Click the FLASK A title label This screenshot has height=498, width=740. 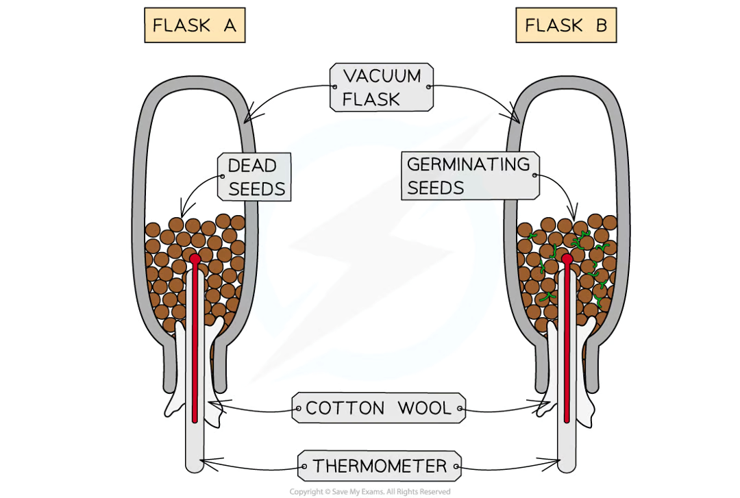tap(194, 26)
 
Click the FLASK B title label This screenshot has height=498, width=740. tap(566, 26)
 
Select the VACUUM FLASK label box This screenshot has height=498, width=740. tap(382, 87)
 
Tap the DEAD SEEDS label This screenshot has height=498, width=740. tap(254, 177)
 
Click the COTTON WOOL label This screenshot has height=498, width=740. tap(379, 408)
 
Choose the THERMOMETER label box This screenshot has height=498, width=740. tap(379, 467)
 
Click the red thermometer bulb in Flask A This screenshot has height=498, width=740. tap(195, 259)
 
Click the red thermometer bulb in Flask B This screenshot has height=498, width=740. tap(567, 259)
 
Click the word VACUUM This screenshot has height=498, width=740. tap(382, 75)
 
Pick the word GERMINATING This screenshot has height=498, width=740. tap(469, 164)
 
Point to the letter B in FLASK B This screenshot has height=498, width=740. tap(600, 26)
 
